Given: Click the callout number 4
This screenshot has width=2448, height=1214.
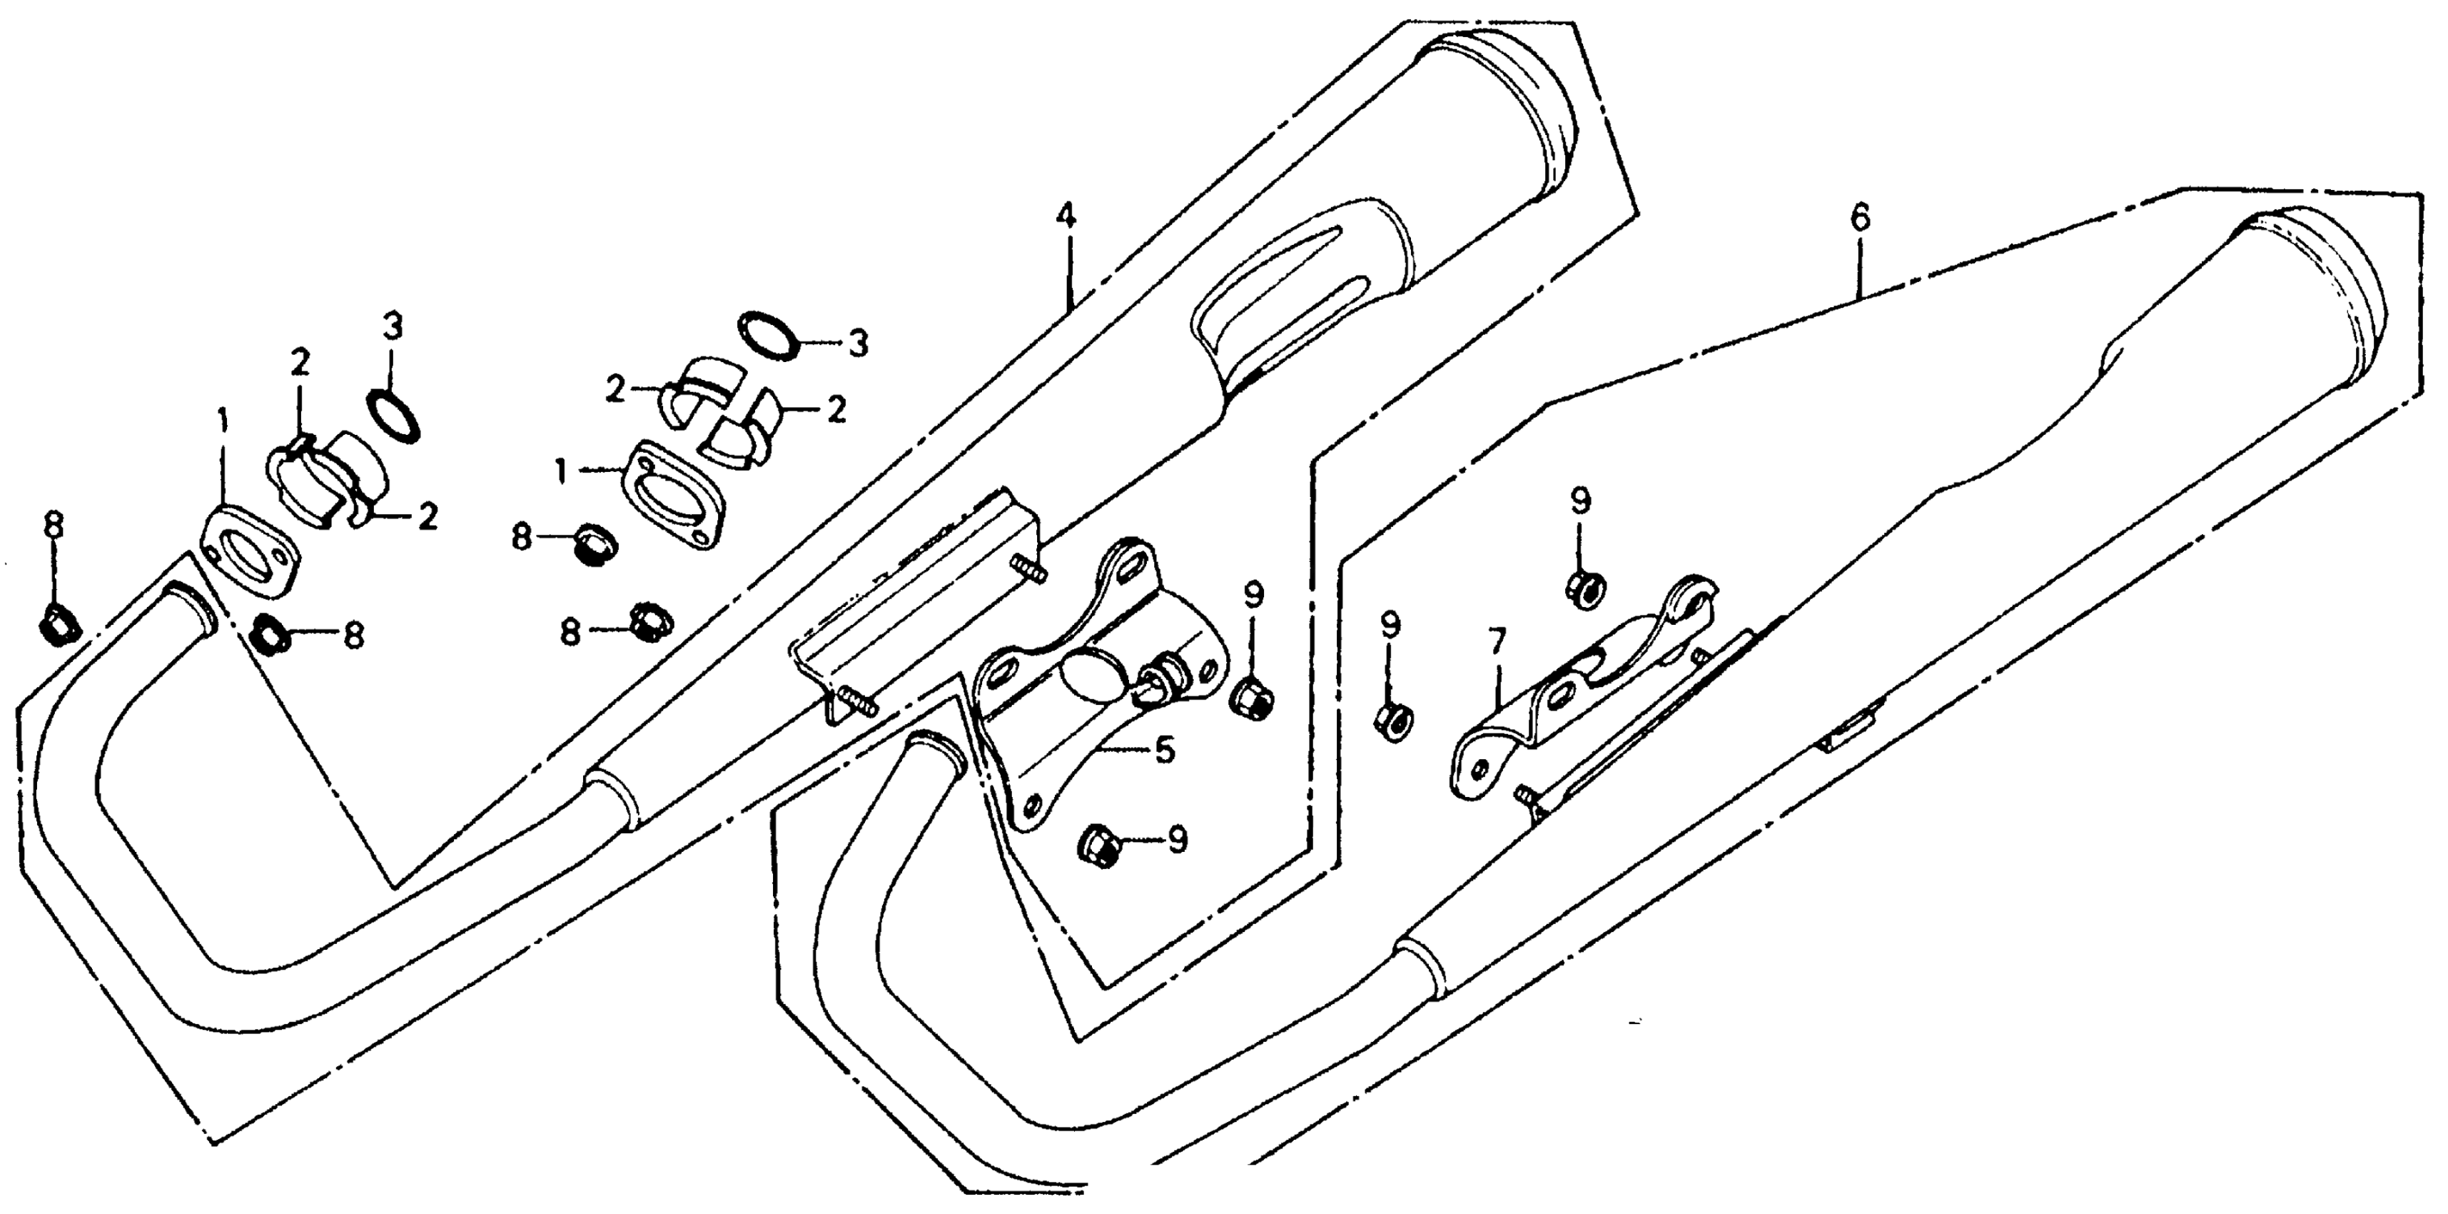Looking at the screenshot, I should click(x=1066, y=216).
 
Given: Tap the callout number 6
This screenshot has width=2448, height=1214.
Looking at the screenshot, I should click(x=1860, y=218).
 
